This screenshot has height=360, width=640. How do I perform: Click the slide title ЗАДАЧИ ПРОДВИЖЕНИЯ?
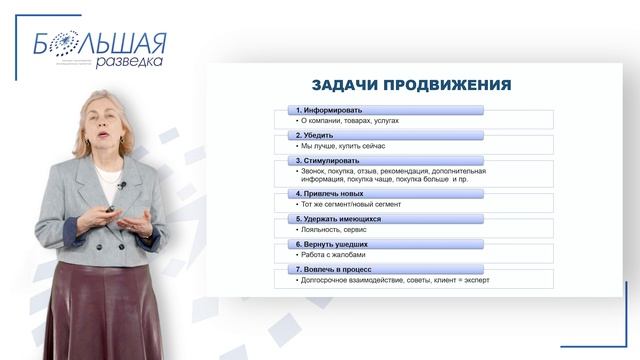point(413,86)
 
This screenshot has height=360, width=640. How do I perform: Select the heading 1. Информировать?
point(329,110)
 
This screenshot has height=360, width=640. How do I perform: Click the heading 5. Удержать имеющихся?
point(338,218)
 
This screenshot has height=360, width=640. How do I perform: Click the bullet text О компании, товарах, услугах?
point(349,120)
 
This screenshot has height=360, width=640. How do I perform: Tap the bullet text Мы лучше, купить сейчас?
point(342,145)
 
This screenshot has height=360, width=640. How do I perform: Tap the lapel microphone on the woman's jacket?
point(121,184)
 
